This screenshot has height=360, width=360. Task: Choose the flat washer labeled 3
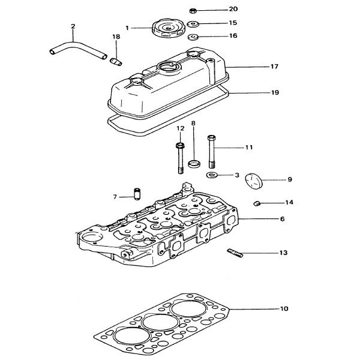[x=212, y=175]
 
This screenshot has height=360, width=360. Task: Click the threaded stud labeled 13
[x=235, y=254]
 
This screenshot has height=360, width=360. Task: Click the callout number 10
[x=284, y=309]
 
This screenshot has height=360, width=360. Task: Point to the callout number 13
[x=283, y=253]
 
